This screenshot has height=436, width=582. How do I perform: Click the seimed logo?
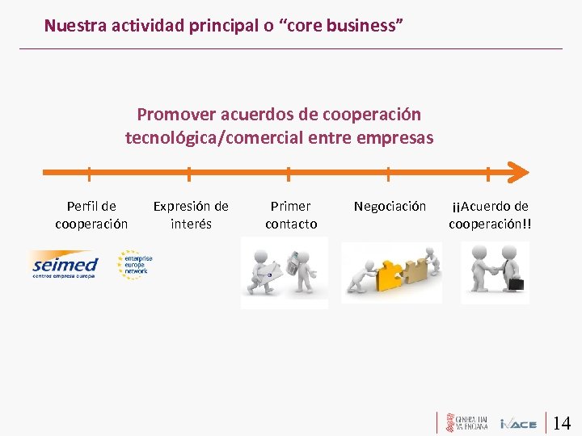pyautogui.click(x=64, y=266)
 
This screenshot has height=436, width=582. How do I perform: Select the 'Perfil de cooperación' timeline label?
pyautogui.click(x=91, y=215)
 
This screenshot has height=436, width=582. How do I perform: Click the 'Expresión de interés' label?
pyautogui.click(x=191, y=215)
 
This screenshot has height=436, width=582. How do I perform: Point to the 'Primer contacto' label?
pyautogui.click(x=291, y=215)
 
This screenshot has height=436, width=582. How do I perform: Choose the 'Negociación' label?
pyautogui.click(x=390, y=206)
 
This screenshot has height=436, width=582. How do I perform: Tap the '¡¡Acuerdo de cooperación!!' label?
pyautogui.click(x=490, y=215)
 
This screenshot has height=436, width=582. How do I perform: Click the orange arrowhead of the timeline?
pyautogui.click(x=517, y=171)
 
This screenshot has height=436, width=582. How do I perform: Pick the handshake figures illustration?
pyautogui.click(x=494, y=272)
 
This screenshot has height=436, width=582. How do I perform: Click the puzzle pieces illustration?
pyautogui.click(x=391, y=273)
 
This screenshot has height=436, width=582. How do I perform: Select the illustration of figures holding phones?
pyautogui.click(x=284, y=273)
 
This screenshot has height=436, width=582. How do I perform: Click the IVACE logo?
pyautogui.click(x=518, y=423)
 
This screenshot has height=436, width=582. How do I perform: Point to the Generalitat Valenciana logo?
pyautogui.click(x=465, y=422)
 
